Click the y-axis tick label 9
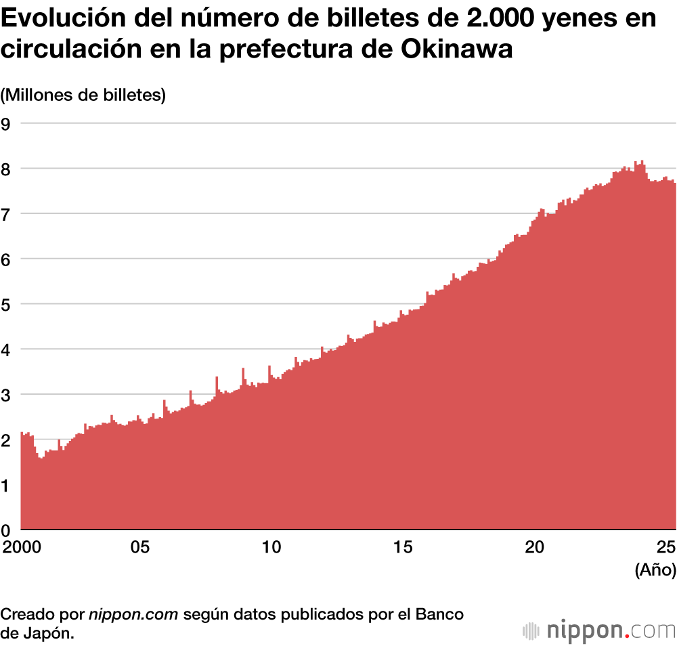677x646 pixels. (x=6, y=123)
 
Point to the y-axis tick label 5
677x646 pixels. (x=6, y=304)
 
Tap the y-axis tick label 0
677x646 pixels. (x=6, y=530)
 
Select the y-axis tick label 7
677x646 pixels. (x=6, y=213)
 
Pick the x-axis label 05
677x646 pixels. (x=139, y=546)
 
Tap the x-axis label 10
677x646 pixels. (x=271, y=546)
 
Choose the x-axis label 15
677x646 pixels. (x=403, y=546)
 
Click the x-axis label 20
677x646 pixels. (x=536, y=546)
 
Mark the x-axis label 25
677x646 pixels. (x=667, y=546)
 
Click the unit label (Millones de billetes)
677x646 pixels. (x=83, y=95)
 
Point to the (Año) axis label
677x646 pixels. (x=655, y=570)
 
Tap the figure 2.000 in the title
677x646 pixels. (x=500, y=18)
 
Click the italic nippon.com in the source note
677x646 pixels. (x=133, y=615)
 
